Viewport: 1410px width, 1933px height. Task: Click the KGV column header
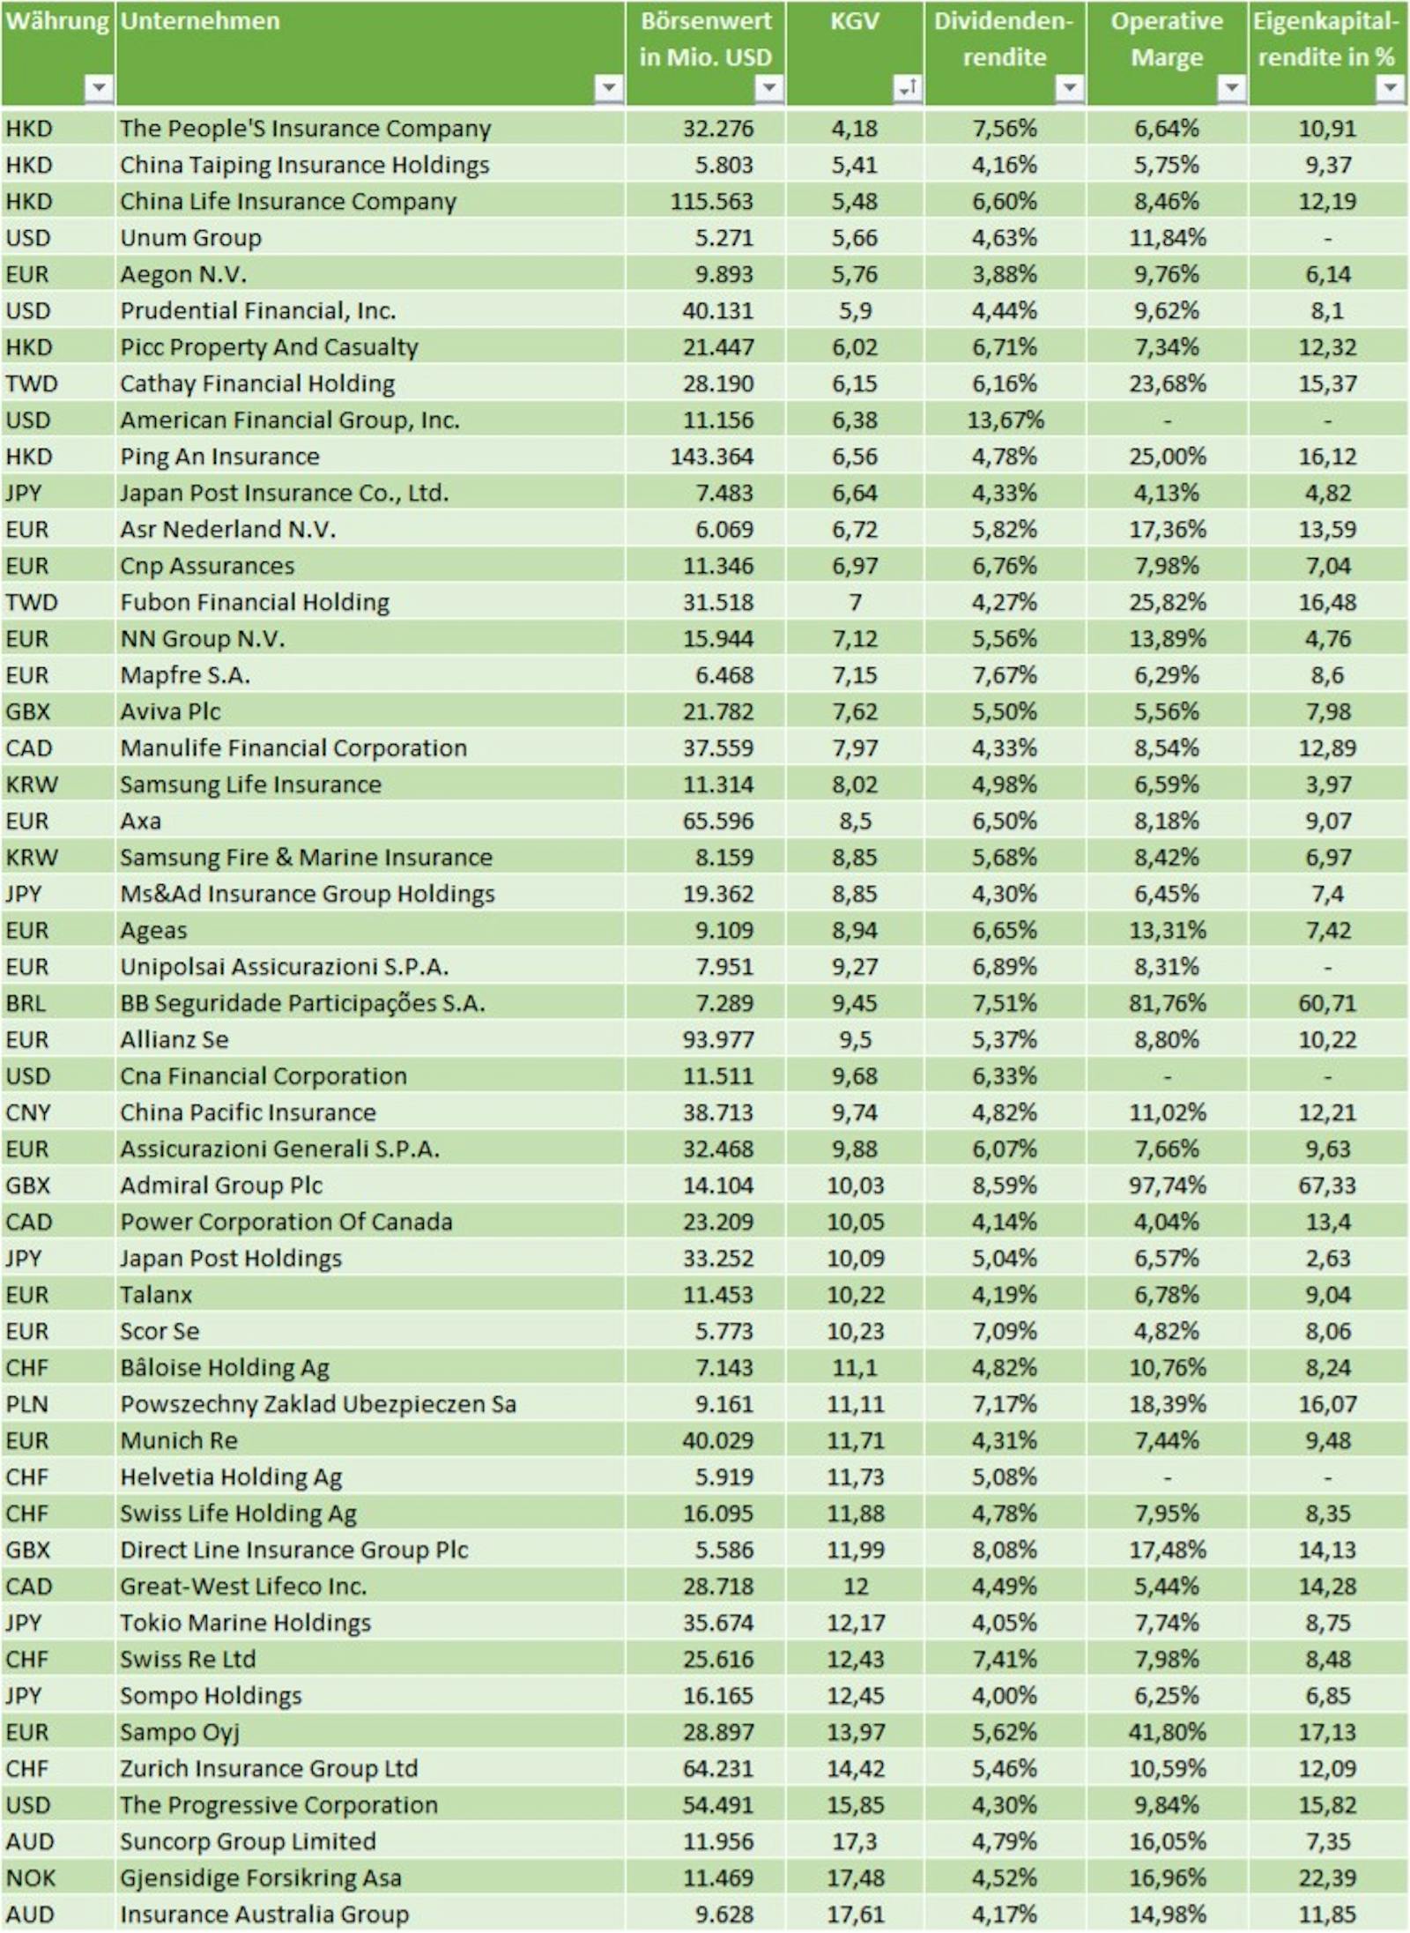tap(854, 21)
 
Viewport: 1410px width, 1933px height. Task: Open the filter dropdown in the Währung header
tap(99, 87)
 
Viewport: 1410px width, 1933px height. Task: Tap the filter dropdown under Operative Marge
tap(1231, 87)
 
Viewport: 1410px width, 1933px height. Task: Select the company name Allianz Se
tap(174, 1039)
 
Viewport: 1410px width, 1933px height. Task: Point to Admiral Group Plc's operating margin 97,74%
tap(1167, 1186)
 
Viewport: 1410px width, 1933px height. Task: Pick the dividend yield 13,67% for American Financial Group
tap(1005, 420)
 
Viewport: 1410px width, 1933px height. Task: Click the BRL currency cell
tap(26, 1003)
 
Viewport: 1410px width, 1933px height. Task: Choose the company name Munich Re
tap(179, 1440)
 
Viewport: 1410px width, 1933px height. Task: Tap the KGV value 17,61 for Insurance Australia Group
tap(855, 1914)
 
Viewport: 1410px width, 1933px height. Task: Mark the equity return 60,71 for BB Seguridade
tap(1326, 1003)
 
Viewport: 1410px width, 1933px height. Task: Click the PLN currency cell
tap(26, 1404)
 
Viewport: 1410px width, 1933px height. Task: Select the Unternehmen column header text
tap(200, 21)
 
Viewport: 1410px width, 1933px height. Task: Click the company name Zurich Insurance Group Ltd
tap(269, 1768)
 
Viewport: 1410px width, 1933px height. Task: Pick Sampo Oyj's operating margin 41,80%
tap(1167, 1732)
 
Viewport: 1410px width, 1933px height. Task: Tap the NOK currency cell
tap(30, 1877)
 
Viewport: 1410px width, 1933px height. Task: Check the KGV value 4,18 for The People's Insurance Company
tap(854, 129)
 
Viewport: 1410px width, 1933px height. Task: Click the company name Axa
tap(141, 821)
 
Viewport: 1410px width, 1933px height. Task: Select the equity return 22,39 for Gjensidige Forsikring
tap(1326, 1877)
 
